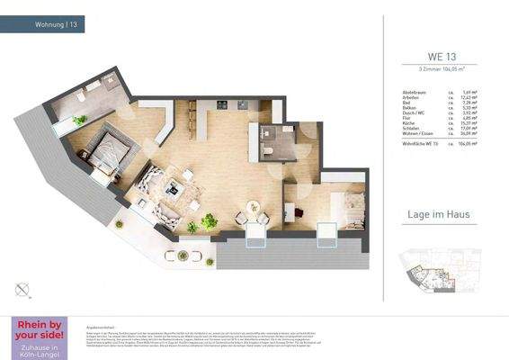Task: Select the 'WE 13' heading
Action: pyautogui.click(x=441, y=54)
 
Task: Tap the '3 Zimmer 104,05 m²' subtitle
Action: pyautogui.click(x=441, y=68)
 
